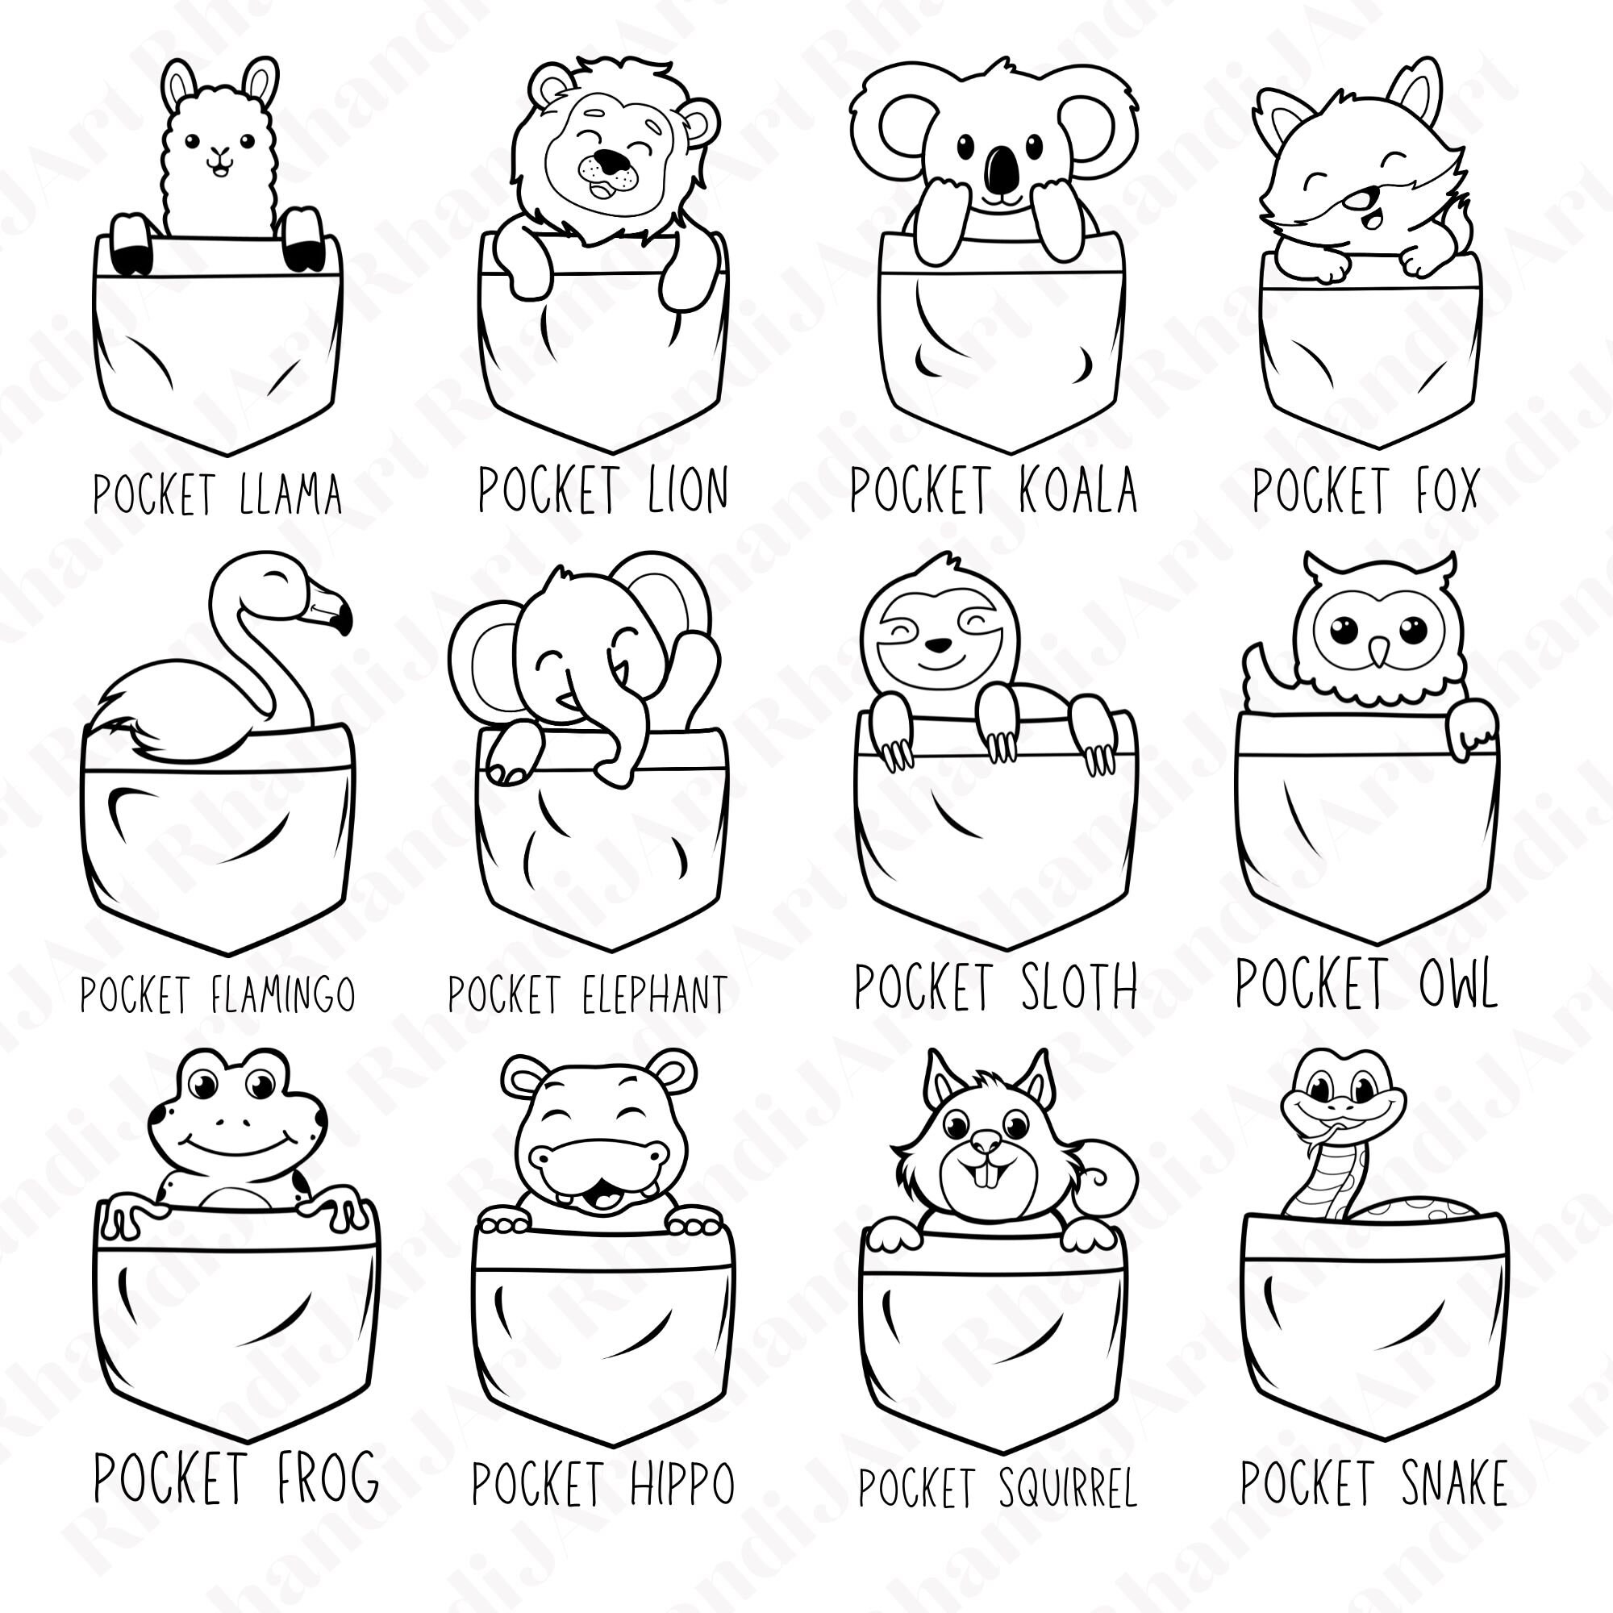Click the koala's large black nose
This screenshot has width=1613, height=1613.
[x=1000, y=169]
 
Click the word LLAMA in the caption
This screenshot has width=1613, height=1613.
[x=290, y=494]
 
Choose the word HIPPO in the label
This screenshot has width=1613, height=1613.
[x=682, y=1484]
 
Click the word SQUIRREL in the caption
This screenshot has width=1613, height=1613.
[x=1067, y=1488]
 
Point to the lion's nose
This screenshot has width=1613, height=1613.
[x=616, y=160]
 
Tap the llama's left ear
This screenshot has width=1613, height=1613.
[x=177, y=85]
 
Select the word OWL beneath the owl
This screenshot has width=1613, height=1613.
[x=1457, y=983]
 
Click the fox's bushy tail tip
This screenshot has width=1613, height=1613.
[x=1463, y=219]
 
